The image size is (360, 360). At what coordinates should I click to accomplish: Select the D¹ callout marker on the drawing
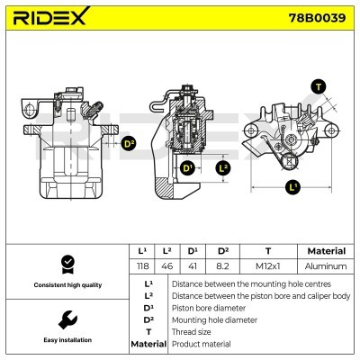tap(187, 168)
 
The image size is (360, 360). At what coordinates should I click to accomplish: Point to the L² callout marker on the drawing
tap(224, 167)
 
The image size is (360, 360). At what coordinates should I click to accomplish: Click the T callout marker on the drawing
tap(317, 86)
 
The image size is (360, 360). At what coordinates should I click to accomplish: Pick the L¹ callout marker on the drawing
tap(292, 187)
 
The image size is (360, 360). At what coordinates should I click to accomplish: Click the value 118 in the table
tap(141, 266)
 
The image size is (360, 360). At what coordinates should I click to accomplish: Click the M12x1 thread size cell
tap(267, 266)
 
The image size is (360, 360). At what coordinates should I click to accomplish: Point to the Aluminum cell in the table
tap(326, 266)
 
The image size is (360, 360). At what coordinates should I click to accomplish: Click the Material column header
tap(326, 251)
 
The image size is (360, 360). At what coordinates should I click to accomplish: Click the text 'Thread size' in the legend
tap(192, 332)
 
